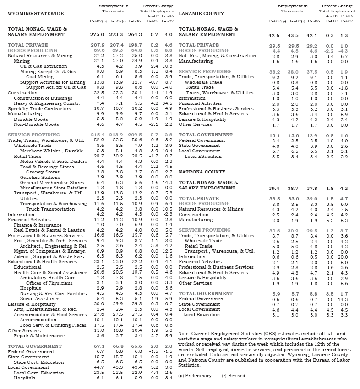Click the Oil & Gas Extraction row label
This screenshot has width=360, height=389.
pyautogui.click(x=43, y=66)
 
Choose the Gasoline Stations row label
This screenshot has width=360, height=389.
pyautogui.click(x=40, y=177)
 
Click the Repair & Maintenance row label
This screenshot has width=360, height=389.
pyautogui.click(x=35, y=335)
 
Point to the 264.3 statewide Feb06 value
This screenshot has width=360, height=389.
pyautogui.click(x=135, y=34)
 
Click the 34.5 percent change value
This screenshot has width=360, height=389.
pyautogui.click(x=168, y=103)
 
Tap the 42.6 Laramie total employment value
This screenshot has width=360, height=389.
pyautogui.click(x=275, y=35)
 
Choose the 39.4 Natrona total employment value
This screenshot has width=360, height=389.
pyautogui.click(x=275, y=188)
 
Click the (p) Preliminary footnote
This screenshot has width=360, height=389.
pyautogui.click(x=196, y=375)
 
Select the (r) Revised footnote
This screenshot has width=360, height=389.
pyautogui.click(x=234, y=375)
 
